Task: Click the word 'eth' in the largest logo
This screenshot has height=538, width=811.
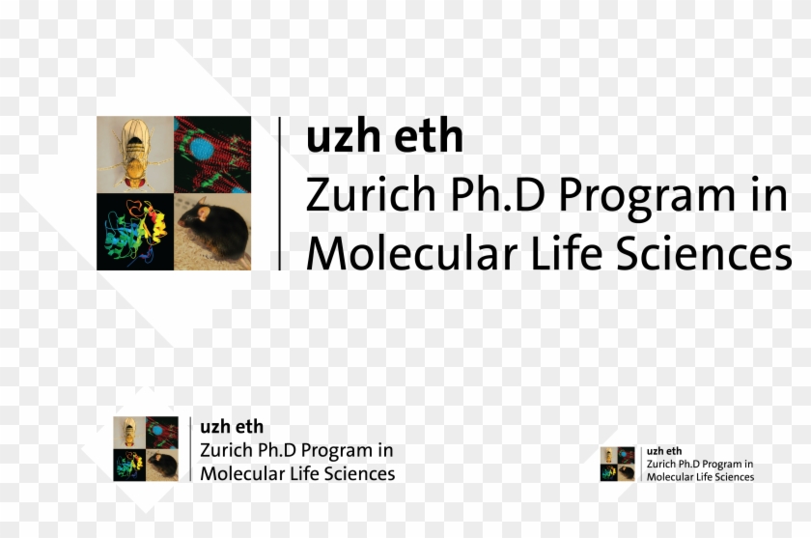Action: tap(429, 135)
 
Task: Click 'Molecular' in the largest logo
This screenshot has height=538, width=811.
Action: tap(411, 252)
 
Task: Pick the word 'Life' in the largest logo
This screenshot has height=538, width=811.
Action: tap(567, 252)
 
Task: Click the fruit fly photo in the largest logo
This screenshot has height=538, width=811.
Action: tap(135, 155)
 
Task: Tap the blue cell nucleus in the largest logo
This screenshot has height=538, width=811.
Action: tap(201, 149)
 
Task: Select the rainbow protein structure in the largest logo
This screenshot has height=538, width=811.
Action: tap(135, 230)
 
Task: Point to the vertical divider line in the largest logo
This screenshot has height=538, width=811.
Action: tap(280, 193)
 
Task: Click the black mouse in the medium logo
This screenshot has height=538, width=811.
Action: tap(163, 465)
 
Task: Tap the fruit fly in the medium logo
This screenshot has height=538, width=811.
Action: tap(129, 433)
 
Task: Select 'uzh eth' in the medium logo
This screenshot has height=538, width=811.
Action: tap(232, 427)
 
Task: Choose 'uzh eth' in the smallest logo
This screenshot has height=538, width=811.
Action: tap(664, 451)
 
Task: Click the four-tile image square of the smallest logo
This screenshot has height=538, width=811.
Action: tap(618, 464)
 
